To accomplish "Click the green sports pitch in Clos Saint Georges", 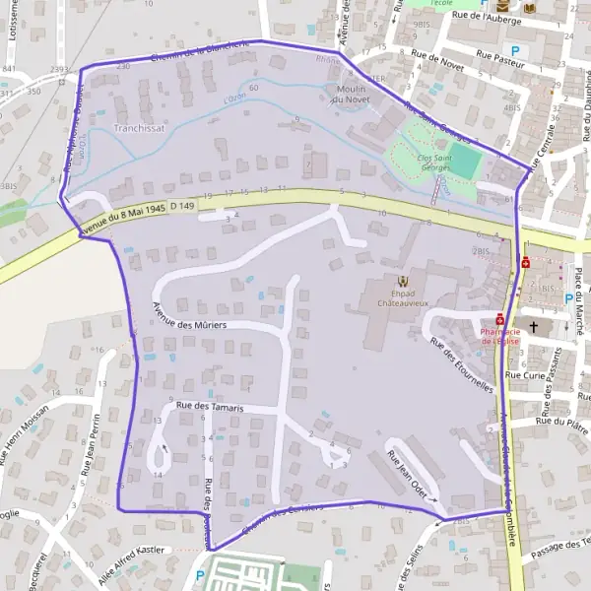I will click(x=467, y=161).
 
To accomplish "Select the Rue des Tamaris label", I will click(x=209, y=407).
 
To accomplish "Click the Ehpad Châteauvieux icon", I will click(x=402, y=282).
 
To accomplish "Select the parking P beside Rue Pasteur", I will click(x=514, y=50).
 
